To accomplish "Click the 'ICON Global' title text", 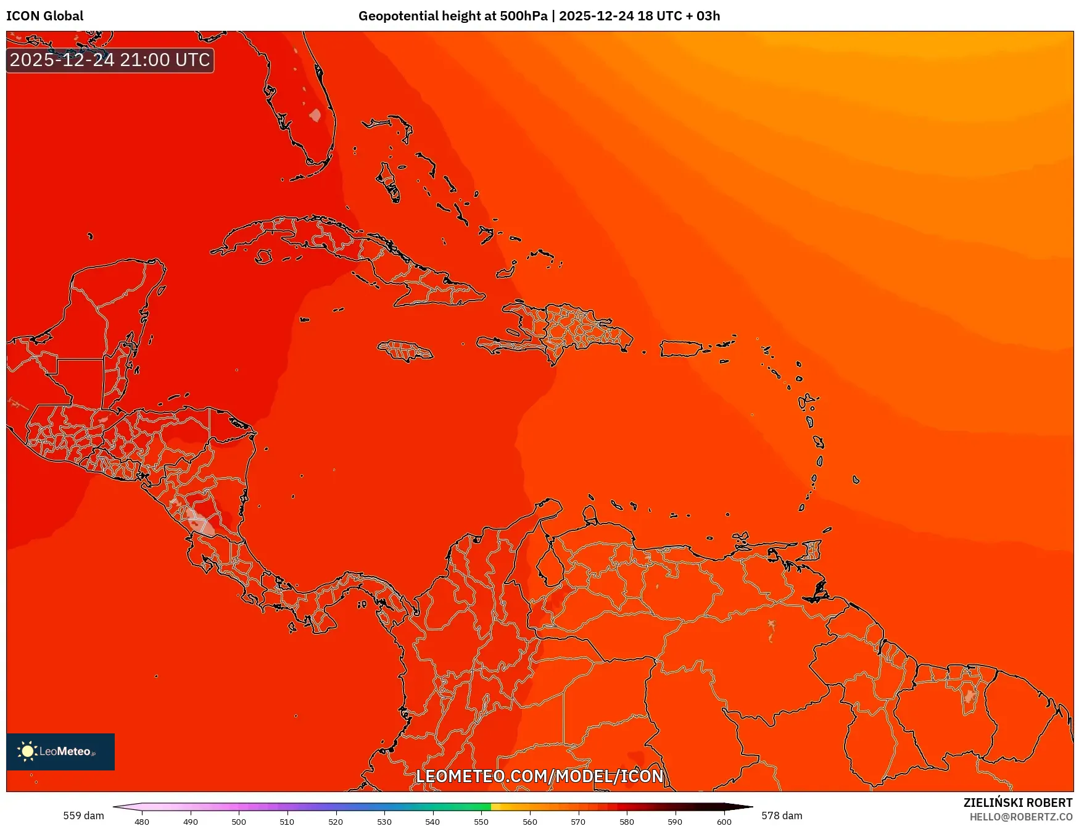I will [45, 16].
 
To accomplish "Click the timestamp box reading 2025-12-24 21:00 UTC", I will [110, 60].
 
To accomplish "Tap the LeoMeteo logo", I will [60, 751].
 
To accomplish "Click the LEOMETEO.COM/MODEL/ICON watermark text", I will [539, 776].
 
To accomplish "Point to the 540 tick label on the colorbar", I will [432, 822].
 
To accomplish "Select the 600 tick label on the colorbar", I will [724, 822].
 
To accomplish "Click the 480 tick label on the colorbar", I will [142, 822].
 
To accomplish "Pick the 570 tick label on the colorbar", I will [578, 822].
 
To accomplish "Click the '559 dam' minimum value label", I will [83, 816].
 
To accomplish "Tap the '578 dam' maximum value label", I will [782, 816].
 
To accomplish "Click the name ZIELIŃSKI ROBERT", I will [1017, 803].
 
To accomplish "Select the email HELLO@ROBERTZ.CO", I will [1020, 817].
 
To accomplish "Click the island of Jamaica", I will [405, 351].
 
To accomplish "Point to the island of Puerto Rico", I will [680, 349].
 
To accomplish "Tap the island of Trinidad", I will [812, 550].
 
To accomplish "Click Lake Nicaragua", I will [200, 522].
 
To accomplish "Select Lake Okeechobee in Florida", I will [315, 115].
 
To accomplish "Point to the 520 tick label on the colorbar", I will [336, 822].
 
